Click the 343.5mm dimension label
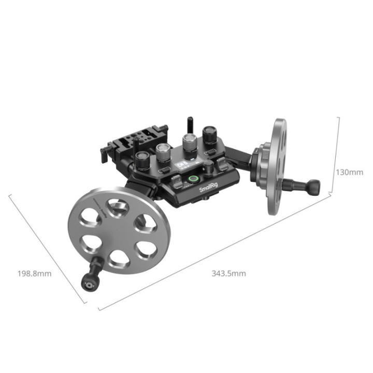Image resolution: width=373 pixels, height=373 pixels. point(228,273)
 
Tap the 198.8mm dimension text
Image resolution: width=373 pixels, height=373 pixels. point(34,273)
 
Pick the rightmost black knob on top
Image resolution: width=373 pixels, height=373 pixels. point(210,135)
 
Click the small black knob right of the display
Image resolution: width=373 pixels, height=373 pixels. point(208,167)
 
